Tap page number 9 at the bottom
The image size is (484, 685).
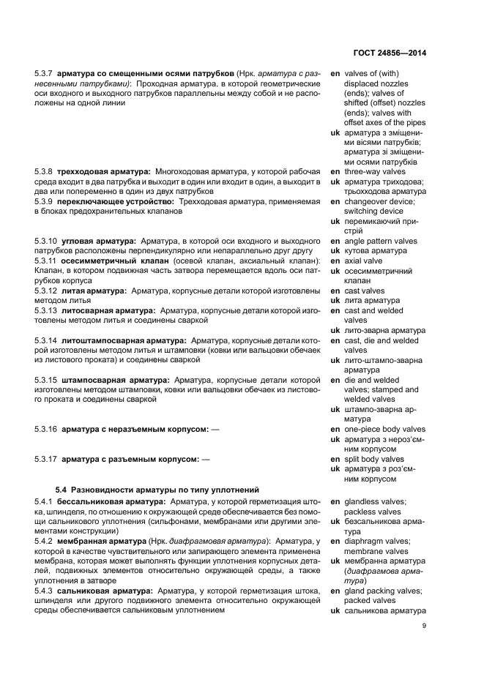pyautogui.click(x=424, y=625)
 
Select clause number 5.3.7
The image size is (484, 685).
pyautogui.click(x=45, y=75)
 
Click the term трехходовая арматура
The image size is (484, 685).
pyautogui.click(x=106, y=171)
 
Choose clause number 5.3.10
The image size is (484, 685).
pyautogui.click(x=47, y=241)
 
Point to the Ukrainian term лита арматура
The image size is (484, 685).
pyautogui.click(x=371, y=301)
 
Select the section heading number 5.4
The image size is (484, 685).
pyautogui.click(x=62, y=489)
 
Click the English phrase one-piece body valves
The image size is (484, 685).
pyautogui.click(x=384, y=430)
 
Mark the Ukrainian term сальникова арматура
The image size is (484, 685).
pyautogui.click(x=384, y=610)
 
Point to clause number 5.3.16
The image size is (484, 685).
pyautogui.click(x=47, y=430)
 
